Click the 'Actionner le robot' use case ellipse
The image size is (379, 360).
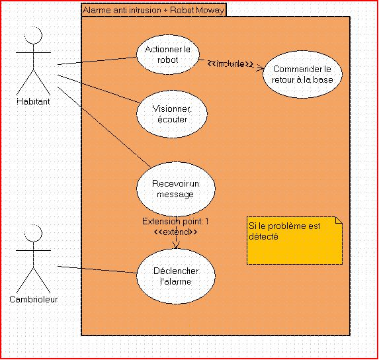(x=168, y=54)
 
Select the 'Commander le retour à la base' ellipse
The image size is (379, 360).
(x=302, y=74)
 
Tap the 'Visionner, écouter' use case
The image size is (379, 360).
(x=172, y=114)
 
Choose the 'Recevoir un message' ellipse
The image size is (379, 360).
(x=176, y=189)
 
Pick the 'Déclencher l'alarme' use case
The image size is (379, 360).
(x=176, y=276)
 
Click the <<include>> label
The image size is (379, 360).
(x=230, y=64)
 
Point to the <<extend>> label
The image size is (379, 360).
(x=175, y=232)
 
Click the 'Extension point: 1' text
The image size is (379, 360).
(x=175, y=221)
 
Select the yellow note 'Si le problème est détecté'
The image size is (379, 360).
(x=294, y=241)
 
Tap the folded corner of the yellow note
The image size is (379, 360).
(x=339, y=220)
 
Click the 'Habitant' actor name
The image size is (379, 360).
(x=33, y=101)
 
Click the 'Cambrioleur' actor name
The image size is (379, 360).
(x=33, y=299)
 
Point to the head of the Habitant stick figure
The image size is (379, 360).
(x=33, y=35)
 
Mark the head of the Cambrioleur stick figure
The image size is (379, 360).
(x=33, y=233)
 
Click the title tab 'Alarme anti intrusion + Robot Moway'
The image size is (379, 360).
(x=153, y=10)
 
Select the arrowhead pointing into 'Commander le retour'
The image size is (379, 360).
(x=260, y=68)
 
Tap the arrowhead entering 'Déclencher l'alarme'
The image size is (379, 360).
(x=176, y=246)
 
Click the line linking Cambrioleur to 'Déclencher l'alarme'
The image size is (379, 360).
(x=97, y=269)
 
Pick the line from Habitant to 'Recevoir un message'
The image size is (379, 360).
(x=104, y=127)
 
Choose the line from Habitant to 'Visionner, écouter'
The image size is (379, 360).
(x=99, y=89)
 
